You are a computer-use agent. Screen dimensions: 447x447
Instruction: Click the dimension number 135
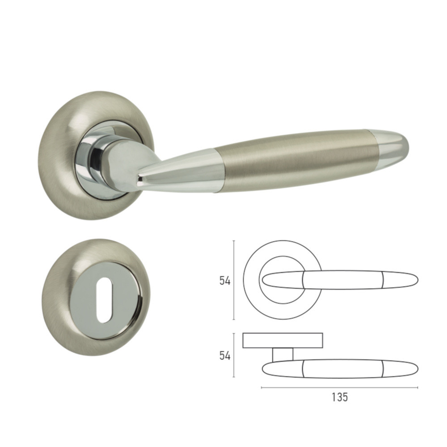pyautogui.click(x=340, y=397)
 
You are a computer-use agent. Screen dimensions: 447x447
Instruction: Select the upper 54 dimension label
pyautogui.click(x=225, y=281)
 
